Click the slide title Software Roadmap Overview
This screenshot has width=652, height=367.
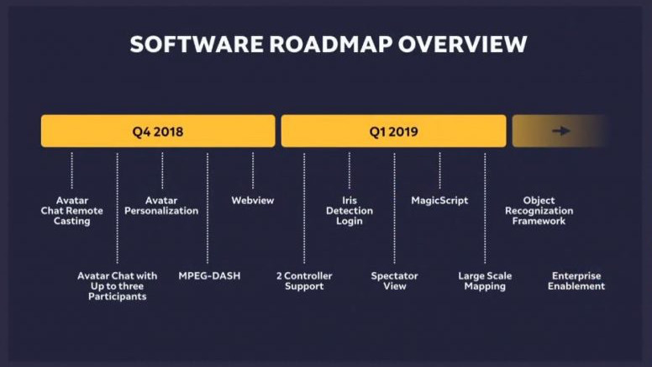[329, 45]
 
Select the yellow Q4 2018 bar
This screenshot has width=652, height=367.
[158, 131]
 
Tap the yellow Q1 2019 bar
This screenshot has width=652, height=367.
[393, 131]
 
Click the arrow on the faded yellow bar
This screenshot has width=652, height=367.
[560, 131]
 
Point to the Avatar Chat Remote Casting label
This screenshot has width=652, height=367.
[72, 211]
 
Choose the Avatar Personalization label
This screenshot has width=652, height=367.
[161, 206]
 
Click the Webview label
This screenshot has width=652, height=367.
[253, 201]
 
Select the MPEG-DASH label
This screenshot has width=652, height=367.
[209, 275]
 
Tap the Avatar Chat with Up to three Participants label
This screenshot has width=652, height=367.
[118, 286]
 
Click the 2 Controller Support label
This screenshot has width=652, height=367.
[304, 280]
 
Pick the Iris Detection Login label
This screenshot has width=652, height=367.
[350, 211]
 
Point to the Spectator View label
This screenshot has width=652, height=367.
[394, 280]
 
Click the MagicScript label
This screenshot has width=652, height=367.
[439, 201]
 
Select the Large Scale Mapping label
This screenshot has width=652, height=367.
[485, 280]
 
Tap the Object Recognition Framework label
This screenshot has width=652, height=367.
[539, 211]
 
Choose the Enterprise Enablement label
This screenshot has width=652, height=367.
[576, 280]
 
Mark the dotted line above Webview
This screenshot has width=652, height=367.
[253, 170]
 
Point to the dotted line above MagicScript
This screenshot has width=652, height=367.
[439, 170]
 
